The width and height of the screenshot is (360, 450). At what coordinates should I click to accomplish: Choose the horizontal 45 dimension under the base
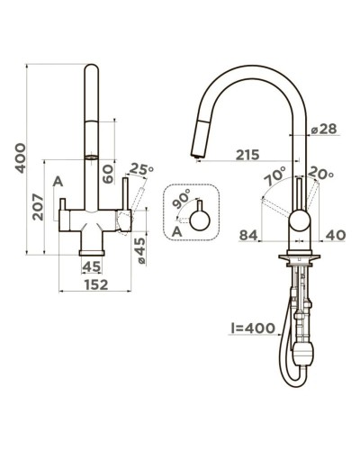(x=92, y=266)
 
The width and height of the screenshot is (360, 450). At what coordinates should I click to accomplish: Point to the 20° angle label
(x=320, y=174)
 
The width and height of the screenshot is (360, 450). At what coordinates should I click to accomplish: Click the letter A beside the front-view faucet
(x=58, y=182)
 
